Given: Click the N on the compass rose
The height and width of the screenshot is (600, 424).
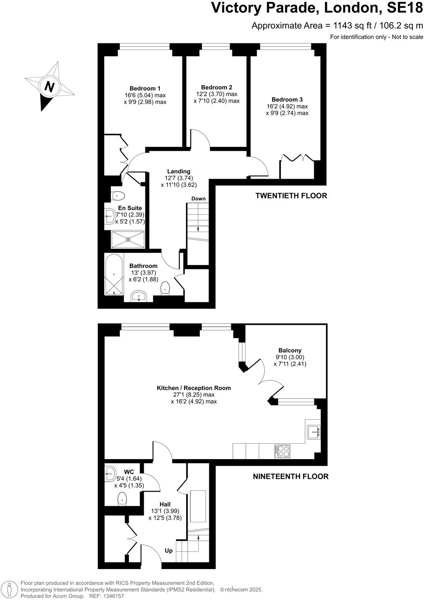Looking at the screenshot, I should pyautogui.click(x=49, y=86).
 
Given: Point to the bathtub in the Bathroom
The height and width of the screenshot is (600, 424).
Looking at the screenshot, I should pyautogui.click(x=114, y=274).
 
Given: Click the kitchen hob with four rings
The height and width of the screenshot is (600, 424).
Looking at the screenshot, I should pyautogui.click(x=283, y=451).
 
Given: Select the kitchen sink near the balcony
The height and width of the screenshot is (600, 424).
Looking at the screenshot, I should pyautogui.click(x=313, y=432).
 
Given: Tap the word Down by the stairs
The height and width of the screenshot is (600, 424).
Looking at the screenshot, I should pyautogui.click(x=198, y=199).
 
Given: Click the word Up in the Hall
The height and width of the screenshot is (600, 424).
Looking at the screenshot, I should pyautogui.click(x=168, y=551).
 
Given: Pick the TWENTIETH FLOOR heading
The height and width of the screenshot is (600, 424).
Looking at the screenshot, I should pyautogui.click(x=291, y=196).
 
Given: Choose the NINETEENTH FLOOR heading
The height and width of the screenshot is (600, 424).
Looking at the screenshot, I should pyautogui.click(x=291, y=476).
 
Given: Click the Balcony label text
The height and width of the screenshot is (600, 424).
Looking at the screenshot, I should pyautogui.click(x=290, y=350).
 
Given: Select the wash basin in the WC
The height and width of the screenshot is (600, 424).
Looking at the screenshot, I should pyautogui.click(x=110, y=474).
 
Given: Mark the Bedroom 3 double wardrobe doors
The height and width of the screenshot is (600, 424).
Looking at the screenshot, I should pyautogui.click(x=297, y=158).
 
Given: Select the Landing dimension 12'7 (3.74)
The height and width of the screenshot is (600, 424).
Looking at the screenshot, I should pyautogui.click(x=179, y=178).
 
